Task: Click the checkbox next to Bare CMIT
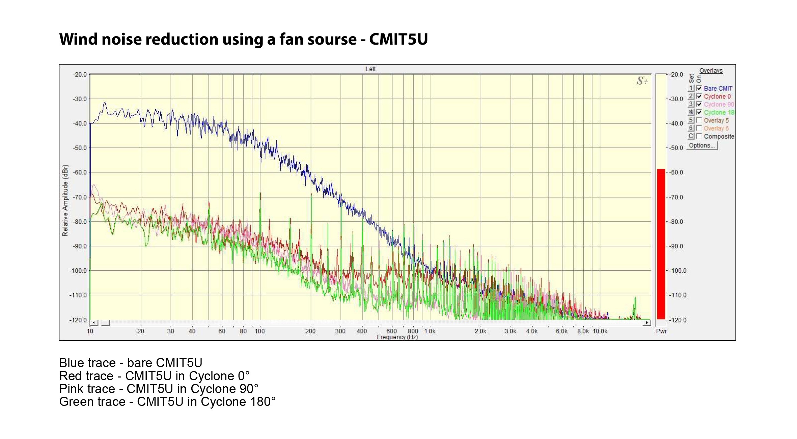click(x=699, y=88)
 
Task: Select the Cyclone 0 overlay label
click(x=717, y=96)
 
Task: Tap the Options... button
click(x=702, y=145)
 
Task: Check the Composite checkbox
click(x=699, y=136)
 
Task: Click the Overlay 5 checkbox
click(x=699, y=120)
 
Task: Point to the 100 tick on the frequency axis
click(x=259, y=331)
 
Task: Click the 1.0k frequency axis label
click(x=430, y=331)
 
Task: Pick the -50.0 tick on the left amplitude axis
click(x=80, y=148)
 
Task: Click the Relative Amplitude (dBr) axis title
click(x=65, y=200)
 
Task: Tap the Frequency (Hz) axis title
click(x=397, y=337)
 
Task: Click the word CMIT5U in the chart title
click(x=398, y=39)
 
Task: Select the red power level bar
click(x=661, y=243)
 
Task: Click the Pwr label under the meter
click(x=661, y=331)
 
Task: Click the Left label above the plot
click(x=370, y=69)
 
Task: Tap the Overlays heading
click(x=711, y=70)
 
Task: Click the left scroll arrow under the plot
click(x=94, y=323)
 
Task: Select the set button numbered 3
click(x=691, y=104)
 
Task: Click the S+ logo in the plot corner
click(x=642, y=81)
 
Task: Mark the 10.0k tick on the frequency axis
click(x=600, y=331)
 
